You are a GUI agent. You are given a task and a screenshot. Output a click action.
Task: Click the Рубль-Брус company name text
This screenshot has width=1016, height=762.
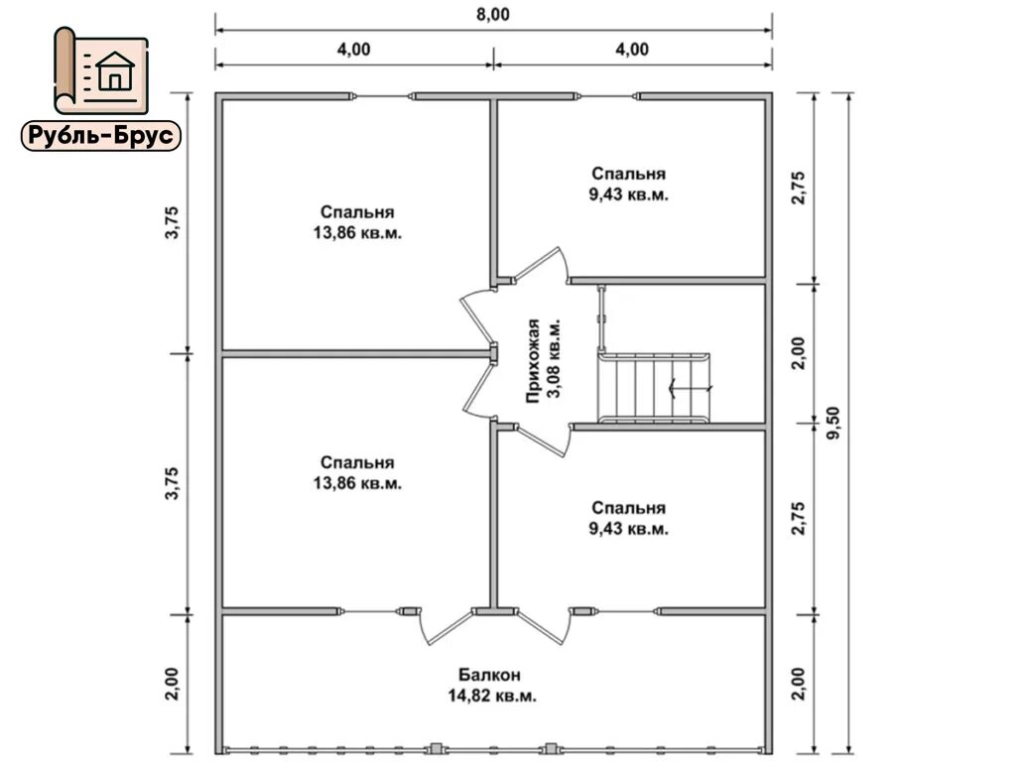pyautogui.click(x=101, y=136)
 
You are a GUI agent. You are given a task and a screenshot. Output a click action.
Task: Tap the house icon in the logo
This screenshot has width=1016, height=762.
pyautogui.click(x=115, y=70)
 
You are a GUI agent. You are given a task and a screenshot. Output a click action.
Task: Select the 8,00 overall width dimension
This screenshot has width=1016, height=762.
pyautogui.click(x=493, y=14)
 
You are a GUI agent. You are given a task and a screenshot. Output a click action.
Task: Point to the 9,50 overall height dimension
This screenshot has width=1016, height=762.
pyautogui.click(x=833, y=423)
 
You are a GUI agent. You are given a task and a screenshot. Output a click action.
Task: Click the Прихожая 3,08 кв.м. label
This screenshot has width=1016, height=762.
pyautogui.click(x=543, y=360)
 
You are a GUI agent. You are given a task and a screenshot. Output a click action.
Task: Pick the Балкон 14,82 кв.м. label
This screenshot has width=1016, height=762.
pyautogui.click(x=492, y=686)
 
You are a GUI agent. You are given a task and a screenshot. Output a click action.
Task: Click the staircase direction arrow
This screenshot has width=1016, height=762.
pyautogui.click(x=691, y=388)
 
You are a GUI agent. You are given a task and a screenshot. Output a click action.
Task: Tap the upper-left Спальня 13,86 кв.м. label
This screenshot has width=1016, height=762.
pyautogui.click(x=357, y=222)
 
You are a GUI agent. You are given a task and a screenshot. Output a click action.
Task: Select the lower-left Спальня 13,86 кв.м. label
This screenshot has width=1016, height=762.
pyautogui.click(x=357, y=472)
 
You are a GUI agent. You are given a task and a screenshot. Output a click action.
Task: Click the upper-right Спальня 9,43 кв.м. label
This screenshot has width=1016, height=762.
pyautogui.click(x=628, y=184)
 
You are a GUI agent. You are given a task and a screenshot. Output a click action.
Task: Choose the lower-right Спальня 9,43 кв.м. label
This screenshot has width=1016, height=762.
pyautogui.click(x=628, y=518)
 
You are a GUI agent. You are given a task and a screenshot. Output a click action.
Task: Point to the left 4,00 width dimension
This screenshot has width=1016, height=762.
pyautogui.click(x=354, y=50)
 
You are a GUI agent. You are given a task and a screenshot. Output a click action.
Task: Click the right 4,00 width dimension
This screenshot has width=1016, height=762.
pyautogui.click(x=632, y=50)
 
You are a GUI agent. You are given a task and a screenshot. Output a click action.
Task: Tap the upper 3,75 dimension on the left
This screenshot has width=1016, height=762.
pyautogui.click(x=173, y=222)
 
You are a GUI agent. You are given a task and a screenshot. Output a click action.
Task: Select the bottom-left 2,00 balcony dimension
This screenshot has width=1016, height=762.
pyautogui.click(x=173, y=684)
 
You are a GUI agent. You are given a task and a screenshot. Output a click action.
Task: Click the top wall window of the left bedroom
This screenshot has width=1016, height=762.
pyautogui.click(x=382, y=96)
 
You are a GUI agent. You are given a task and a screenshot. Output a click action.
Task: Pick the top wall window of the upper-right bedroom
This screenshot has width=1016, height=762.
pyautogui.click(x=608, y=96)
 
